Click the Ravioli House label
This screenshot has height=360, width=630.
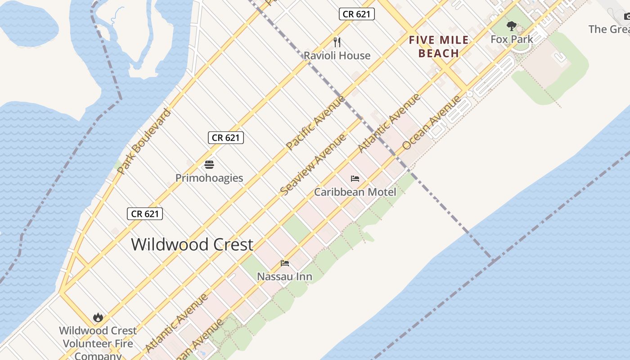tap(337, 56)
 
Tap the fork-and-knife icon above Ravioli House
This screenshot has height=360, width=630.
tap(337, 42)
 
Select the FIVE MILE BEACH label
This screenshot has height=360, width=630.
tap(439, 47)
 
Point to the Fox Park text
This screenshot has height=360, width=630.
tap(512, 39)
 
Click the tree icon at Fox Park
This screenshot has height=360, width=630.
tap(511, 26)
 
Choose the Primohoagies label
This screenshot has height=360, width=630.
tap(209, 178)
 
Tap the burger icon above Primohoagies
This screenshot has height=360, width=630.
tap(209, 164)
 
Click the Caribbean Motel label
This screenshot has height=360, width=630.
tap(355, 192)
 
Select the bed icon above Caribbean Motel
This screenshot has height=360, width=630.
tap(355, 179)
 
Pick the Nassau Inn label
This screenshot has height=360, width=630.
tap(284, 276)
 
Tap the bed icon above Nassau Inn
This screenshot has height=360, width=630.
tap(284, 263)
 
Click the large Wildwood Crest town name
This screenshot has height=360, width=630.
tap(192, 244)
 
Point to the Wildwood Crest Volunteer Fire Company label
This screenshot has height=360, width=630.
tap(98, 343)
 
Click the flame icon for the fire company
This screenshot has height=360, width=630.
tap(98, 318)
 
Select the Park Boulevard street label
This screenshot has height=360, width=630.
tap(144, 141)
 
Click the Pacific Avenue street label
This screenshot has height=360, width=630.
tap(315, 122)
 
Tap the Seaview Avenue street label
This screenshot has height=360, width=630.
tap(313, 165)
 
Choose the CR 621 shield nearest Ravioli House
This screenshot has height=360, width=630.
tap(356, 14)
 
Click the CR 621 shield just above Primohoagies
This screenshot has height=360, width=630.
tap(225, 138)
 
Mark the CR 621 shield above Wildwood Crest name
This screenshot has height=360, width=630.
tap(144, 214)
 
